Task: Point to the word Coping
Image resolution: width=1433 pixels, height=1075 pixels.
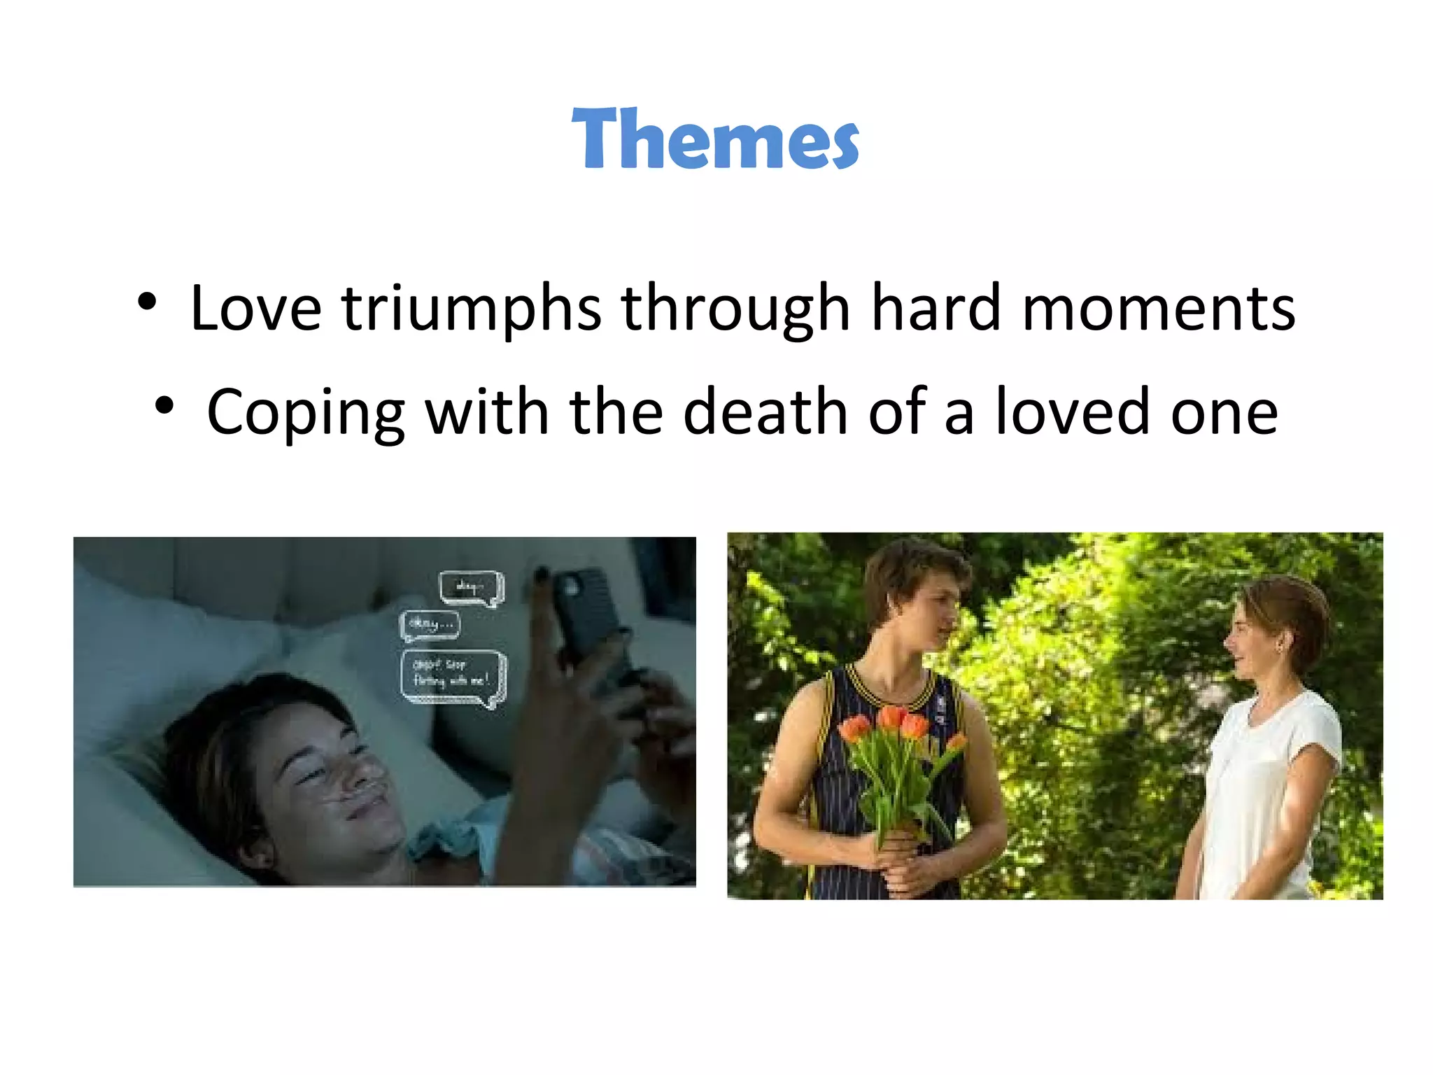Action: coord(306,413)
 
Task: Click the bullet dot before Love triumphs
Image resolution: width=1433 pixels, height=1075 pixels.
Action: coord(147,302)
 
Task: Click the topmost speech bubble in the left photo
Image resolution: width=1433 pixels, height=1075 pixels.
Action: coord(471,588)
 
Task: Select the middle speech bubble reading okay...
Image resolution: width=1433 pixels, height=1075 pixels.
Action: coord(430,625)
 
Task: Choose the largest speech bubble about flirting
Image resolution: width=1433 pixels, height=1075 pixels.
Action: coord(453,677)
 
